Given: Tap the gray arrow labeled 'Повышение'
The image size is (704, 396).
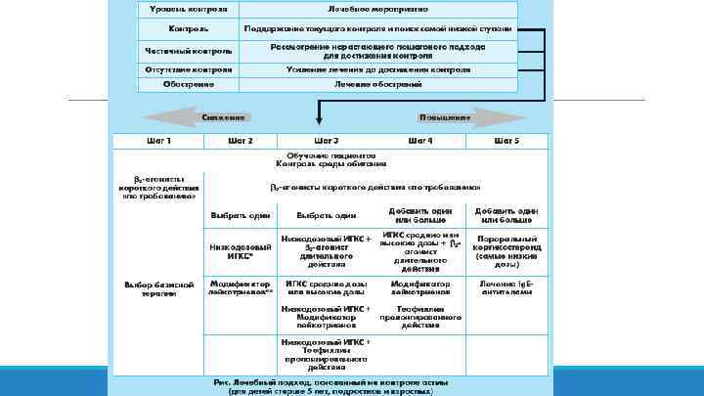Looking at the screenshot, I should pos(420,117).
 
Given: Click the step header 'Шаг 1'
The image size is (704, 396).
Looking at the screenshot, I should pos(158,141).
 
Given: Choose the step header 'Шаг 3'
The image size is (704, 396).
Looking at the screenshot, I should pos(327,141).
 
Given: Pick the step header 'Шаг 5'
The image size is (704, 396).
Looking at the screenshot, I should pos(506,141).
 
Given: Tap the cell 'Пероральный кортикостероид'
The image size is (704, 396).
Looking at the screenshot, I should pos(506,250).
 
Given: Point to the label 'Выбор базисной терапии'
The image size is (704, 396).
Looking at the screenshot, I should pos(158,289).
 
